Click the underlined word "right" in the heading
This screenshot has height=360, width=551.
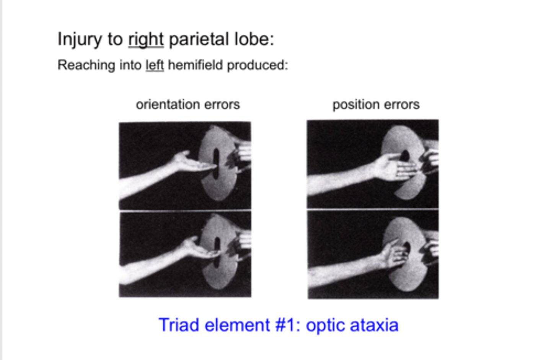[146, 39]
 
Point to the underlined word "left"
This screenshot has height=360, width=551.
[155, 65]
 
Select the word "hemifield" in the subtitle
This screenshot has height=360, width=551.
[195, 65]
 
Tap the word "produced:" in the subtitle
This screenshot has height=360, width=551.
[258, 65]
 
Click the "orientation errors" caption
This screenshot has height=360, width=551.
[188, 104]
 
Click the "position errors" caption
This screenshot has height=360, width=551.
[376, 104]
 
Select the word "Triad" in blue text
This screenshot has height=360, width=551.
[179, 325]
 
